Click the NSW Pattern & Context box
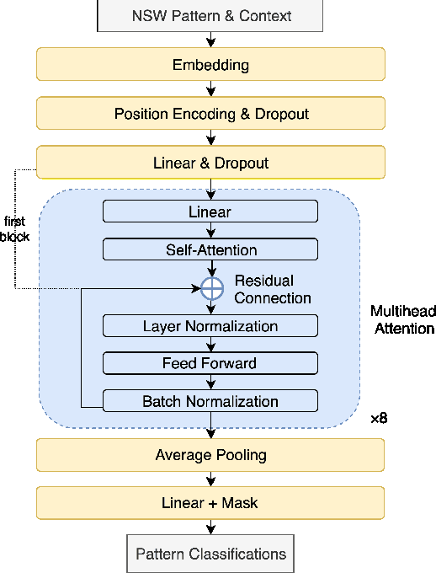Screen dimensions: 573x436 click(x=210, y=16)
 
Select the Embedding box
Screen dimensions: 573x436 click(x=210, y=65)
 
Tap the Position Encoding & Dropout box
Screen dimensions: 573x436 click(x=210, y=114)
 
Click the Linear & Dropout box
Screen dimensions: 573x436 click(x=210, y=163)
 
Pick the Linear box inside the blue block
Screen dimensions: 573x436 click(x=210, y=212)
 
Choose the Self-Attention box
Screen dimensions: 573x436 click(x=210, y=249)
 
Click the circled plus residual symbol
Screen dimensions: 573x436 click(x=210, y=288)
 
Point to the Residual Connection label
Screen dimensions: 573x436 click(x=272, y=289)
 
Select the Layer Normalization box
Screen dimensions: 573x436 click(x=210, y=326)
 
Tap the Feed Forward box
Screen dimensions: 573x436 click(x=210, y=363)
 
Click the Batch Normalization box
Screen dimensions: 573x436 click(x=210, y=401)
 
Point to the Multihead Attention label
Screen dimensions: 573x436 click(x=402, y=320)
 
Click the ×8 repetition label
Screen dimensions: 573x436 click(x=379, y=419)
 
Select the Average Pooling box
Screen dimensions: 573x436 click(x=210, y=455)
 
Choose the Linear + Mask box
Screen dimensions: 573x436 click(x=210, y=503)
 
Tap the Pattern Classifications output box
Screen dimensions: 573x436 click(x=210, y=554)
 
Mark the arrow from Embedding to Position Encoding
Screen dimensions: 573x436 click(x=210, y=88)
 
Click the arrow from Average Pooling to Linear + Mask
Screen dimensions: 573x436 click(x=210, y=479)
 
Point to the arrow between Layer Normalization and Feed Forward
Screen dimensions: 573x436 click(x=210, y=345)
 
